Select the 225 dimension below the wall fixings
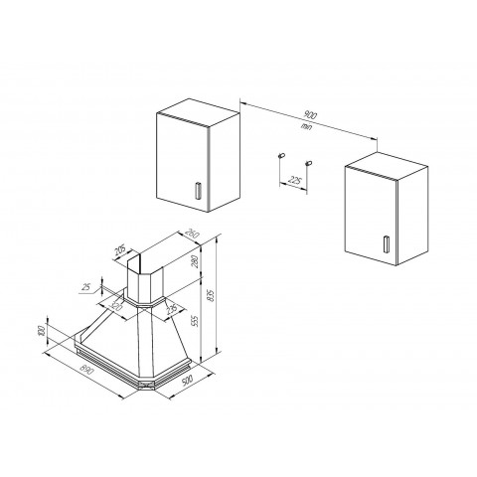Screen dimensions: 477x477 (x=294, y=180)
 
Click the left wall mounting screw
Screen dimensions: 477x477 (x=281, y=156)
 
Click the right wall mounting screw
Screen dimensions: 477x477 (x=309, y=162)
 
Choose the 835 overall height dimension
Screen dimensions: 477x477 (x=209, y=298)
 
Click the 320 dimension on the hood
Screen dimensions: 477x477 (x=116, y=308)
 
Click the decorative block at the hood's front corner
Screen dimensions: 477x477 (x=147, y=385)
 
